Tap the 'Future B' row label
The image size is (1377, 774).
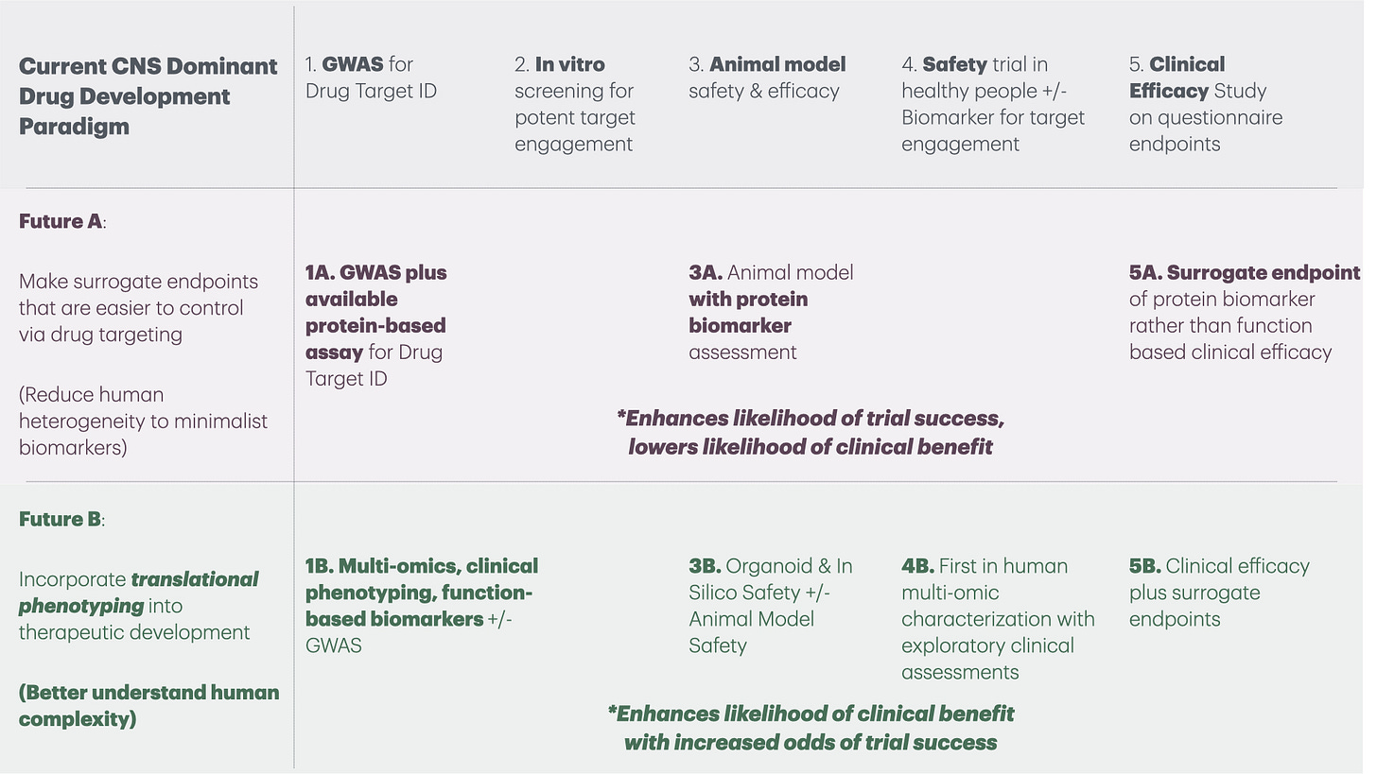61,519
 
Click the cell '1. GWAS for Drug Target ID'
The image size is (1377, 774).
371,77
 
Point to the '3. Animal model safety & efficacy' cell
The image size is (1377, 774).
767,77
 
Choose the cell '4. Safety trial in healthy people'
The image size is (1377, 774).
993,104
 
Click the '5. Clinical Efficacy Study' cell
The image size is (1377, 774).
1206,104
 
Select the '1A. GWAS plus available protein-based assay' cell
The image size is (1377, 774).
375,325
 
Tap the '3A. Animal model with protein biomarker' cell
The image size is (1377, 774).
771,312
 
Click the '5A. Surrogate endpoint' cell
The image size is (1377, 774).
1243,312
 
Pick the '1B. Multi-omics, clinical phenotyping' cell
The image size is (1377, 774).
421,606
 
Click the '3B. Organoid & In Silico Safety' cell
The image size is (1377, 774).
771,606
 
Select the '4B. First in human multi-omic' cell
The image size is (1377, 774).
998,619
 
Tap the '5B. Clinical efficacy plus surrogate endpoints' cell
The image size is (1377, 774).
1219,593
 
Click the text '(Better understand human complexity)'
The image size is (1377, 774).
148,705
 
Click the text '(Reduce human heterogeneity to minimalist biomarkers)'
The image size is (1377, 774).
143,421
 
